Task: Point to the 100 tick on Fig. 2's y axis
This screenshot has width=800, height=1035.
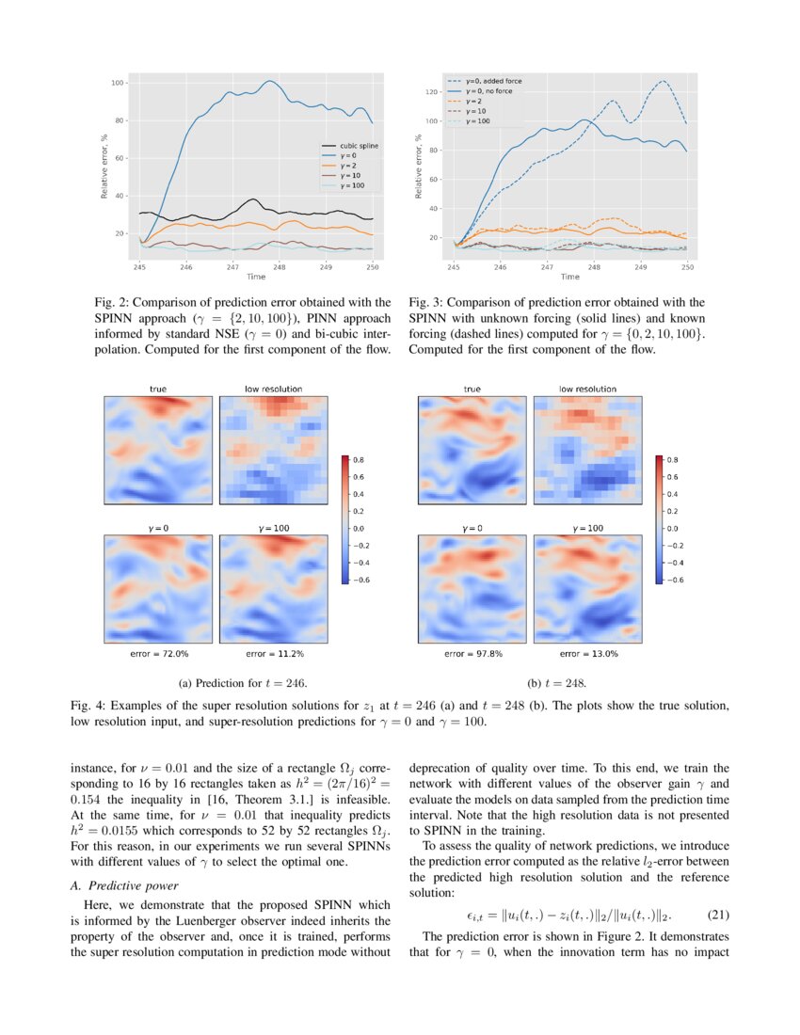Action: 119,83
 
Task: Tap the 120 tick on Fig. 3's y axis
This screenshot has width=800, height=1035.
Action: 433,92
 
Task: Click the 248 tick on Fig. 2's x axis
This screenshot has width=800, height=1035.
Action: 280,267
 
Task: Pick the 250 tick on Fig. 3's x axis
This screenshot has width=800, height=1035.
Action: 687,267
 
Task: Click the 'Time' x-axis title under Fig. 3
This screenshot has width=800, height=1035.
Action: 570,277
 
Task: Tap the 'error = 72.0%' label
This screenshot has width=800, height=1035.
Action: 159,653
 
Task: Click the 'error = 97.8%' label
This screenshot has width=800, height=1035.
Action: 472,653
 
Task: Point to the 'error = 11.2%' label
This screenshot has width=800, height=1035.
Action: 275,653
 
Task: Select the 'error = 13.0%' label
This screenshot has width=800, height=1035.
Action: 588,653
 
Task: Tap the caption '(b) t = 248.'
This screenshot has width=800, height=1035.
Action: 557,682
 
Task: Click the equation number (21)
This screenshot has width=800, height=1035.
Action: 716,914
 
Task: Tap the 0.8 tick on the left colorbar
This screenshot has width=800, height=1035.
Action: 360,460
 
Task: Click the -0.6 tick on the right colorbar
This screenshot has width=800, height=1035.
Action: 674,581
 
